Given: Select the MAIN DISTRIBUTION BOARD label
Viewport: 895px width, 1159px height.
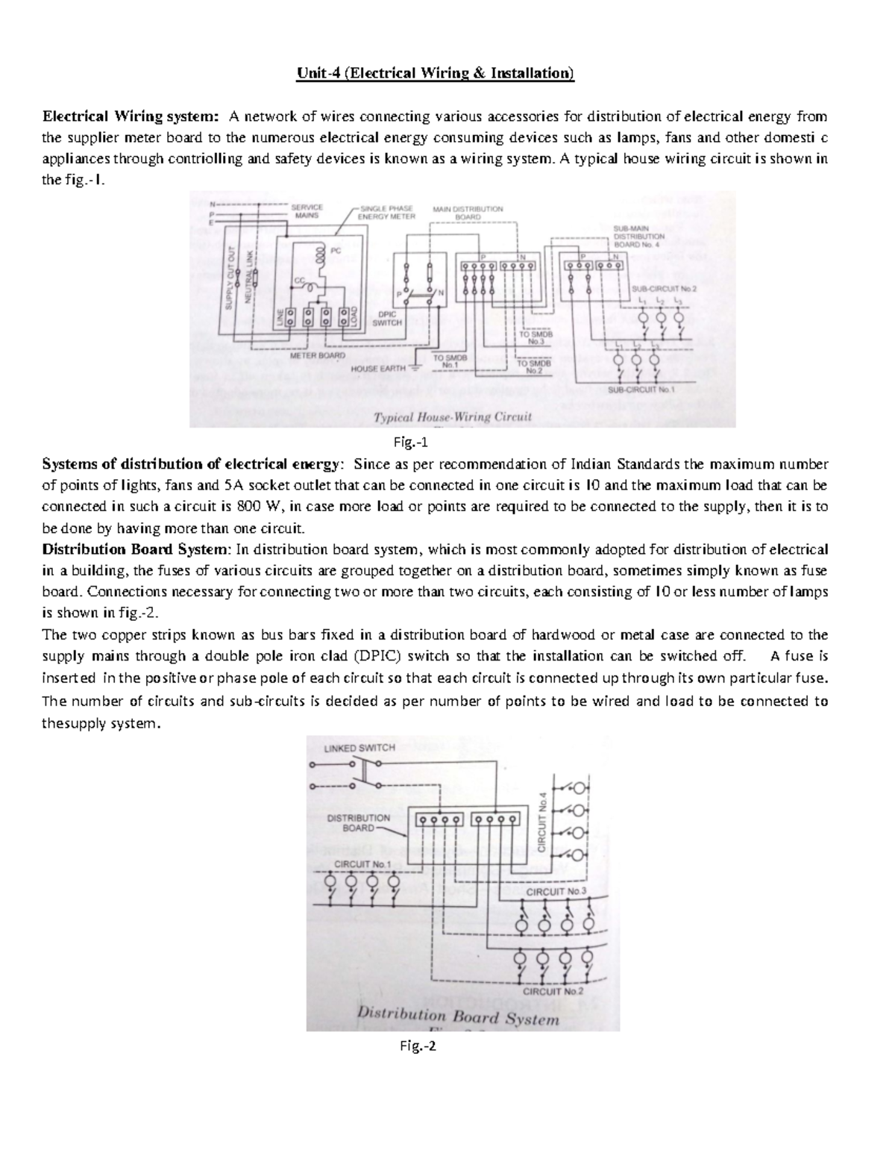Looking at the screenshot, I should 468,212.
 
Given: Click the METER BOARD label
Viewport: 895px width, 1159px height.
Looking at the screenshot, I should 317,357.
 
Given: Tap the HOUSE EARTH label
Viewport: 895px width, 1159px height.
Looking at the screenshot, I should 379,368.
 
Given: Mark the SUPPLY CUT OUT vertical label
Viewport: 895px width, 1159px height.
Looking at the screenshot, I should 230,275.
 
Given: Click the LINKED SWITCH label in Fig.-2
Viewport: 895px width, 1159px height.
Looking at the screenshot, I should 359,747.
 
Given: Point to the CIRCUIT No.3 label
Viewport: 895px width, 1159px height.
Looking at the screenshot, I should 556,891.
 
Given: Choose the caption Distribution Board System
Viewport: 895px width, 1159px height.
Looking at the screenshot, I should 459,1017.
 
